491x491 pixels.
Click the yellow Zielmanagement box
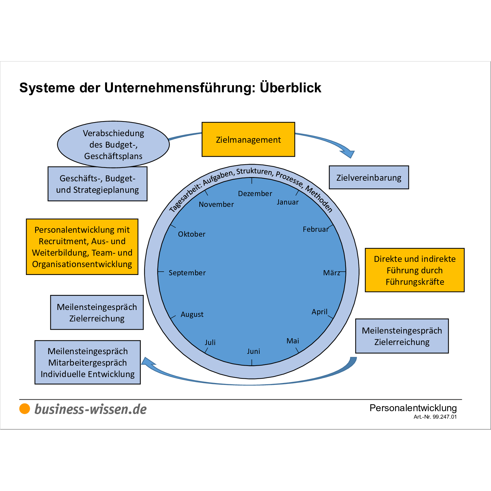coord(248,139)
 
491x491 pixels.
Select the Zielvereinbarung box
coord(369,177)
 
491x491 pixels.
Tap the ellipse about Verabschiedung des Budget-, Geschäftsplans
coord(113,144)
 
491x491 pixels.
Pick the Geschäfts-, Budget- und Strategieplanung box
coord(97,184)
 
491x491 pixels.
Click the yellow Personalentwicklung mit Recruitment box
coord(82,247)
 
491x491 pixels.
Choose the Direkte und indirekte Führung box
coord(414,270)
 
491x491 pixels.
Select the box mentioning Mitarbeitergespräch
coord(87,362)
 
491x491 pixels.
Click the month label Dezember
coord(255,193)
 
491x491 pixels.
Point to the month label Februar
coord(315,229)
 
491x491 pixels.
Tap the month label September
coord(187,273)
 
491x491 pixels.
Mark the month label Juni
coord(253,351)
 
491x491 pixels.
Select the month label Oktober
coord(191,234)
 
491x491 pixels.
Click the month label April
coord(319,312)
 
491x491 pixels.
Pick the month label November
coord(216,204)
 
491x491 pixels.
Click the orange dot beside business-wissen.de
coord(25,409)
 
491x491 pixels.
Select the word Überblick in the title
coord(290,88)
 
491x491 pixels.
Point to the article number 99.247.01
coord(445,417)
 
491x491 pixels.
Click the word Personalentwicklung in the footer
coord(413,408)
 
